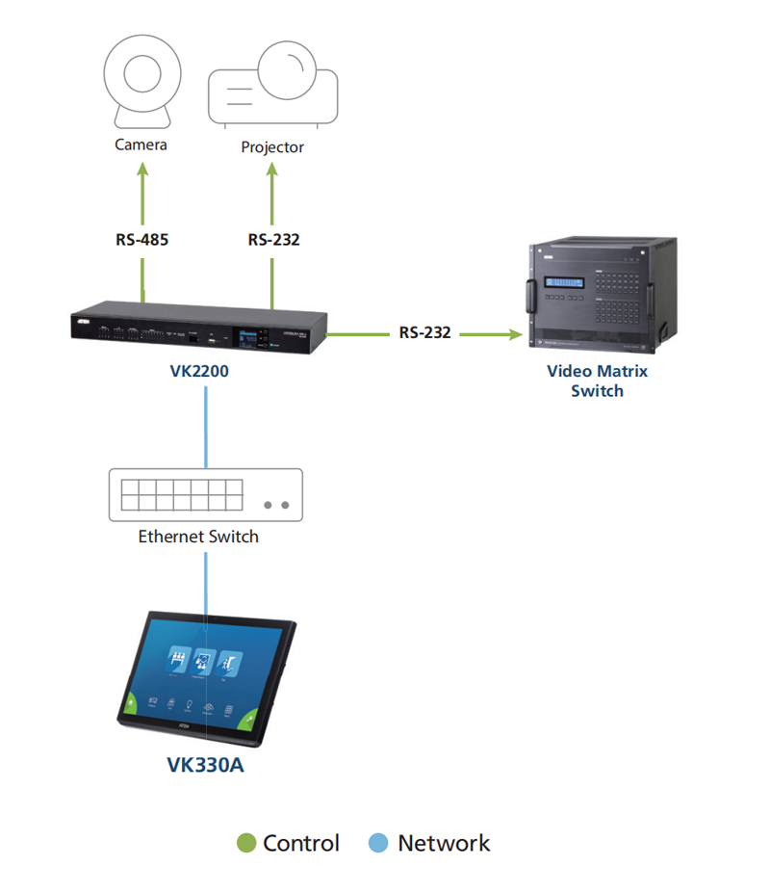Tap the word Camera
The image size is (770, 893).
[x=141, y=144]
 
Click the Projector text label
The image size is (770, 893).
[x=272, y=147]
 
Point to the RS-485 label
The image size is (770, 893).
[x=141, y=239]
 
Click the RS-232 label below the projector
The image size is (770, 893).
[x=273, y=239]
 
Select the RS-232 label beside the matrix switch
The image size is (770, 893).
[x=425, y=333]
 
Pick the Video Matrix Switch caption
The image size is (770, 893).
[x=597, y=381]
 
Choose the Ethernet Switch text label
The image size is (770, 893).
[x=198, y=537]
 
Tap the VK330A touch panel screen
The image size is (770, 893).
[x=204, y=674]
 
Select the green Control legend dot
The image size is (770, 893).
[x=246, y=844]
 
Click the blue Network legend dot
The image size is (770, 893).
[x=379, y=844]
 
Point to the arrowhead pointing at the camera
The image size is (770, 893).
[x=142, y=169]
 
